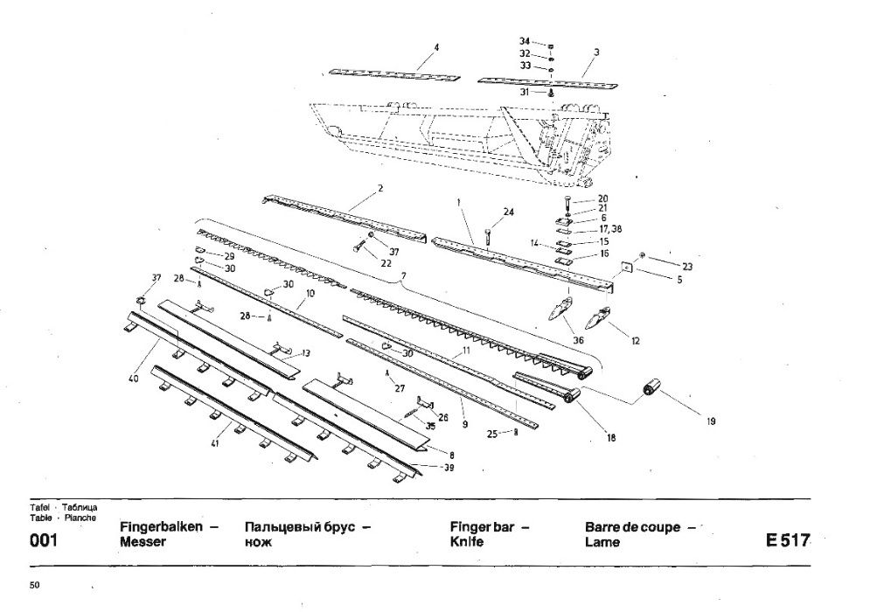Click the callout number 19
click(711, 421)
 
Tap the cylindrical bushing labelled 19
click(650, 389)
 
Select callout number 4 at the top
click(436, 47)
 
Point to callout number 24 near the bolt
click(509, 212)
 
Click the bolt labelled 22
click(360, 247)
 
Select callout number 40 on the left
click(134, 379)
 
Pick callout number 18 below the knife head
click(610, 437)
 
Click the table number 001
click(44, 540)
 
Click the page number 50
click(34, 584)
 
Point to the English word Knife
click(467, 542)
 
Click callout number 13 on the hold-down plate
click(305, 352)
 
